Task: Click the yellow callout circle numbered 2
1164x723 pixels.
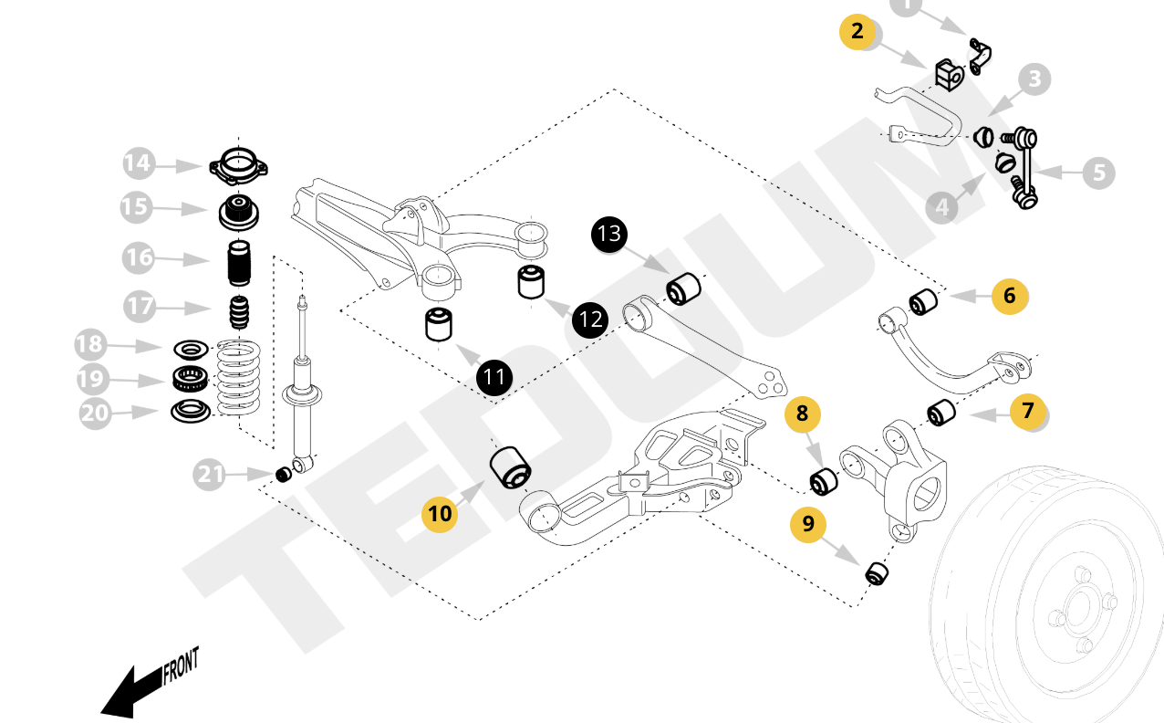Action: point(857,31)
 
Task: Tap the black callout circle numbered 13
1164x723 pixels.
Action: point(609,234)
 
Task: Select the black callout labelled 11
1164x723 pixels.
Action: point(494,376)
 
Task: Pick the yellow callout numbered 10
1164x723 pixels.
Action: point(440,513)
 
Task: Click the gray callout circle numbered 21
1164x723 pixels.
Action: point(211,475)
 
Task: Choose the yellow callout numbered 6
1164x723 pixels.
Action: point(1009,296)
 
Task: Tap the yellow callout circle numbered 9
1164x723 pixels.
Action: point(808,524)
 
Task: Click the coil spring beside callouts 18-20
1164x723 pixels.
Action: point(239,378)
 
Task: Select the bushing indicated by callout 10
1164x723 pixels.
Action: point(510,466)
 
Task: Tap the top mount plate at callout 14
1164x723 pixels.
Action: point(238,167)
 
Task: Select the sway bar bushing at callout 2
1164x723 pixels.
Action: point(949,75)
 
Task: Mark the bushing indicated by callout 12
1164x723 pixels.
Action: point(531,281)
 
